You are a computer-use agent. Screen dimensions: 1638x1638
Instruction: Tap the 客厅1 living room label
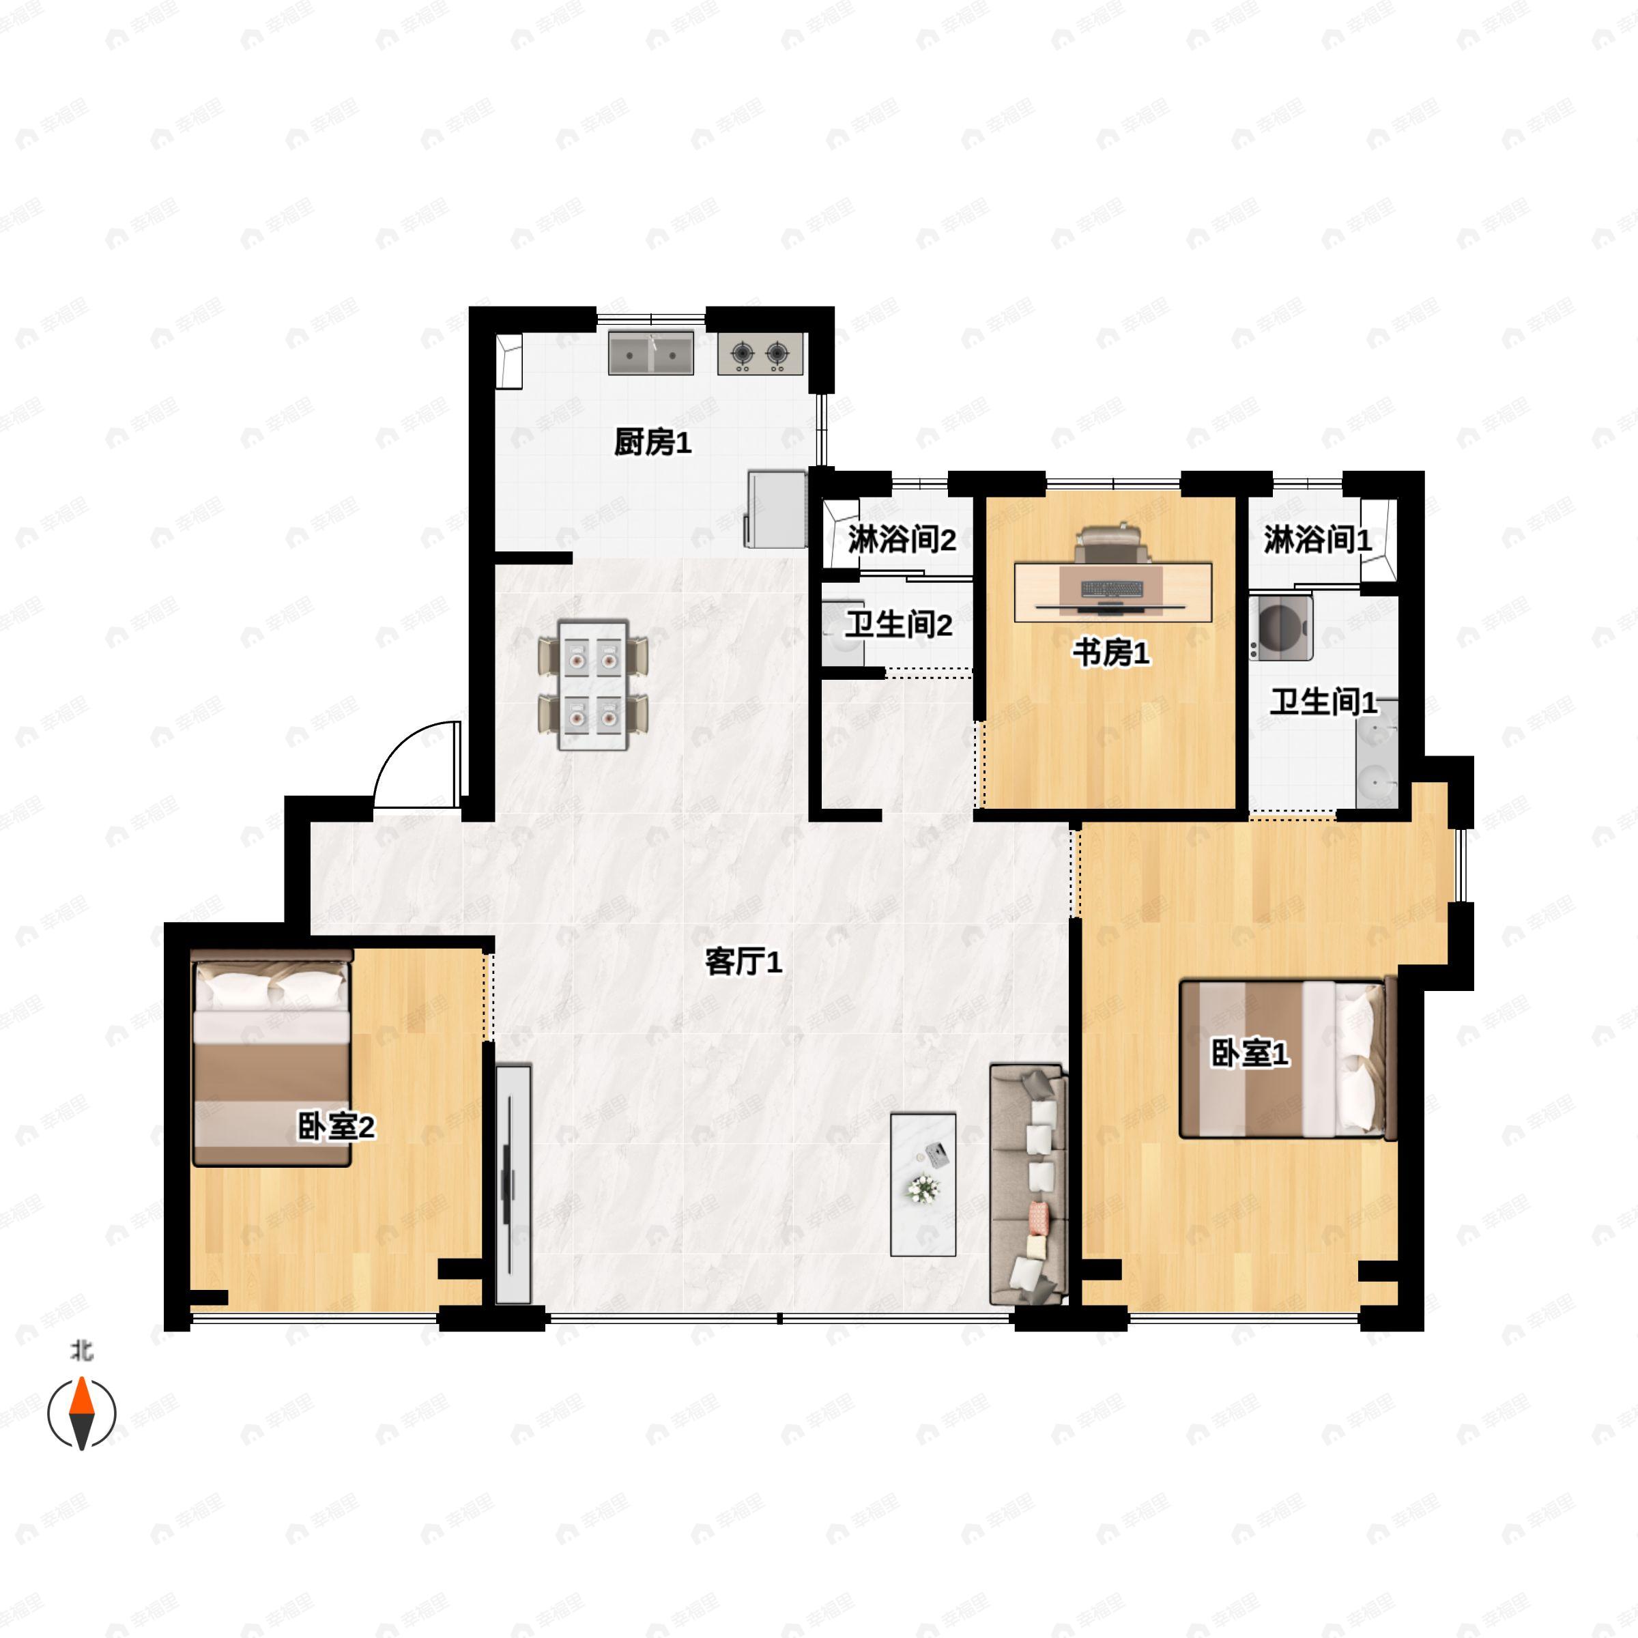tap(743, 962)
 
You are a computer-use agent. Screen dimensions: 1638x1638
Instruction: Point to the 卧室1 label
tap(1250, 1054)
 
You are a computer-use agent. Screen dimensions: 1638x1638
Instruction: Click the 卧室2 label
tap(336, 1127)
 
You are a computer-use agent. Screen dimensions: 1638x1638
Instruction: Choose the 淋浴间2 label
tap(902, 539)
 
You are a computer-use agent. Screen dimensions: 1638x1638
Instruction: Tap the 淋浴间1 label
tap(1317, 539)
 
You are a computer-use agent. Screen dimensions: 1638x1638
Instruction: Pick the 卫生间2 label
tap(899, 625)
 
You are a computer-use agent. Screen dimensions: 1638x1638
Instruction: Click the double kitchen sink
tap(651, 354)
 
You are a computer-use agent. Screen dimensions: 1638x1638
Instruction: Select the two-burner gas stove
tap(760, 354)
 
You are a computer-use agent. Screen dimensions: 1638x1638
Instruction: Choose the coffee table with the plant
tap(923, 1184)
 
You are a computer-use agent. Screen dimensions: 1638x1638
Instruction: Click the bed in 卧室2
tap(272, 1058)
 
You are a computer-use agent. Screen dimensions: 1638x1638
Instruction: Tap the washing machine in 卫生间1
tap(1280, 627)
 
